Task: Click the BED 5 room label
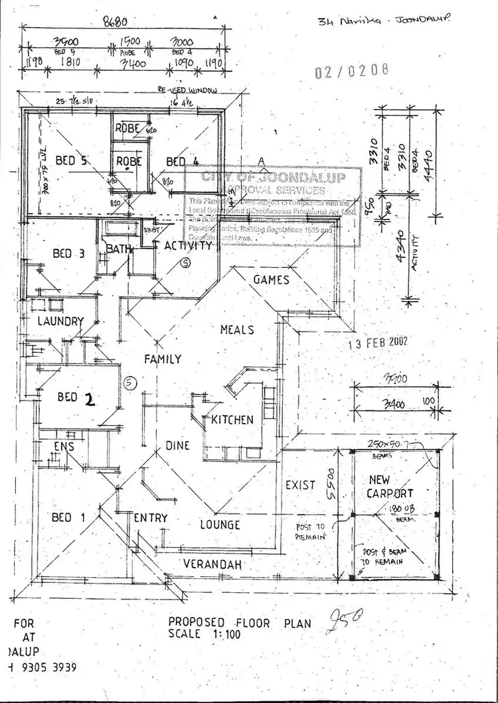point(72,160)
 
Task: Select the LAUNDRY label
point(60,322)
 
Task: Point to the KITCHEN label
point(232,420)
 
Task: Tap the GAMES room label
point(272,280)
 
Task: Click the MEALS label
point(237,330)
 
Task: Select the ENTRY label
point(150,518)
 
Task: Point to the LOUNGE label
point(220,525)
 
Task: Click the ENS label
point(64,447)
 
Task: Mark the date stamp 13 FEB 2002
point(378,342)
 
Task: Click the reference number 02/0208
point(352,71)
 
